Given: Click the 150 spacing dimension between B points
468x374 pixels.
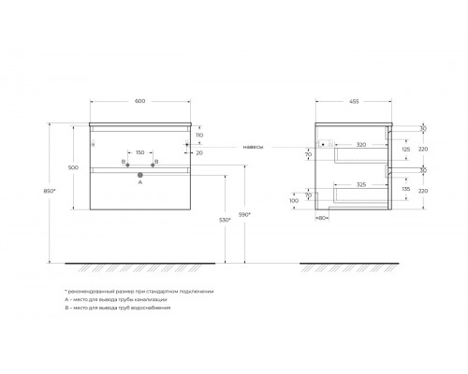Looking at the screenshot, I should coord(139,152).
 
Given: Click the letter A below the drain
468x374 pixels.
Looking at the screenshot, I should coord(139,184).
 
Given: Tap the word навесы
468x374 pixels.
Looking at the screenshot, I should coord(253,145).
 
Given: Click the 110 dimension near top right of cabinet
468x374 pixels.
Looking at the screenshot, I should coord(199,135).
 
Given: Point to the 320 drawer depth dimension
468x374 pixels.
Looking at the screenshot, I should coord(360,145).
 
